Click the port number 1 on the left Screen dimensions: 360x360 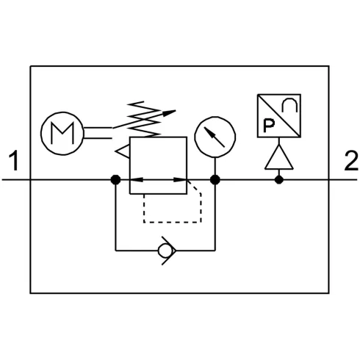pos(14,161)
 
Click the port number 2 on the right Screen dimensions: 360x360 pos(351,161)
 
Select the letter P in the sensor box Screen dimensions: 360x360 pos(269,126)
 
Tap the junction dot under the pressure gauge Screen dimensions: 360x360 pos(215,180)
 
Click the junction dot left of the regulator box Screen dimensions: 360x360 pos(115,180)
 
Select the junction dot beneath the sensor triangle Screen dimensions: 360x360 pos(279,180)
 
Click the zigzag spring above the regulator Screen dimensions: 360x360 pos(144,119)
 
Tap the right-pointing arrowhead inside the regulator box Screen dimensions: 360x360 pos(180,180)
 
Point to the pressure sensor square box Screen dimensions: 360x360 pos(258,115)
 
